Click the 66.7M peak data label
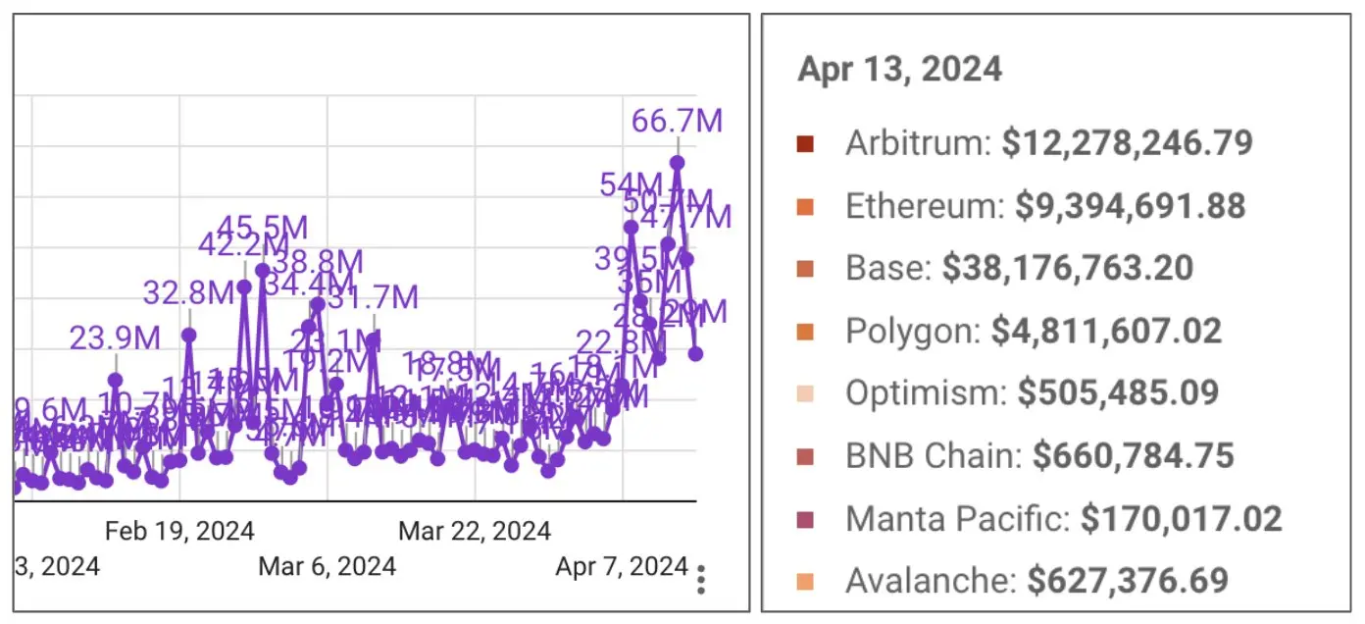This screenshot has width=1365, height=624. coord(677,121)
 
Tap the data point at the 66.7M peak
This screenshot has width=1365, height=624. coord(677,163)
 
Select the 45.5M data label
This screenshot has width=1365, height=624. coord(263,228)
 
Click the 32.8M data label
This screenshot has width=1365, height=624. coord(187,292)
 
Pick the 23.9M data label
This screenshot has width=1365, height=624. coord(115,338)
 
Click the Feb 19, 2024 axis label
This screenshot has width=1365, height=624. coord(179,532)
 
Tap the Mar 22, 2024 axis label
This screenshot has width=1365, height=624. coord(475,532)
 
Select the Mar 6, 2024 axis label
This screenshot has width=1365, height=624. coord(328,566)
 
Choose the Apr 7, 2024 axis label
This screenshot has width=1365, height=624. coord(622,566)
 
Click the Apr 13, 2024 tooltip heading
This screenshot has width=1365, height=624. coord(899,69)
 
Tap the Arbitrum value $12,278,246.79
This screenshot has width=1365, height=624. coord(1127,143)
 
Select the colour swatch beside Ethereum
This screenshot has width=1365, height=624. coord(805,206)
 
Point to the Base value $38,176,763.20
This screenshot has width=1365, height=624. coord(1068,268)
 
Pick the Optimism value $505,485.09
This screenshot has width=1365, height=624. coord(1118,392)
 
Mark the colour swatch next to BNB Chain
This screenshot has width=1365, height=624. coord(805,455)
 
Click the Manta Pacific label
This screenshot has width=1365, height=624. coord(957,517)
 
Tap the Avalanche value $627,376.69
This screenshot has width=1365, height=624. coord(1128,580)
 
